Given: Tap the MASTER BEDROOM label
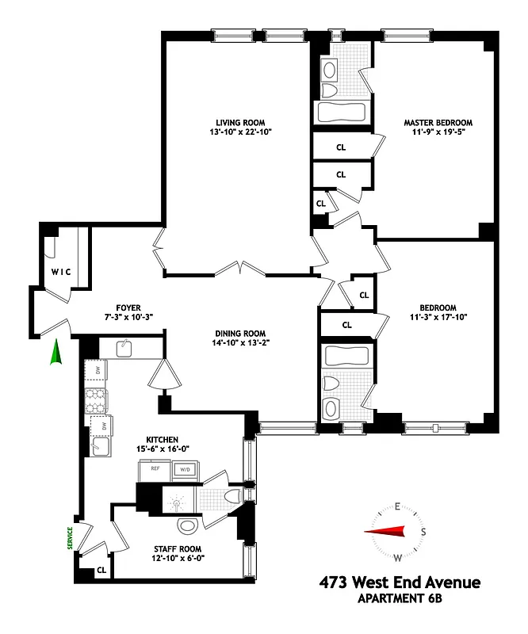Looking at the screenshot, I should [438, 123].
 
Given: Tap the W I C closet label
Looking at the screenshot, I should [61, 272].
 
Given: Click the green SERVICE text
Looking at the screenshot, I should [70, 539].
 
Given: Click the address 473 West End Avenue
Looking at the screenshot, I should [399, 584].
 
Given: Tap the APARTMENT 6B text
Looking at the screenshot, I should [399, 600].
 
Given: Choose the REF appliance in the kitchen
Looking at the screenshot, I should [153, 469].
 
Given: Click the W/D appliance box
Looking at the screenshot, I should [186, 469].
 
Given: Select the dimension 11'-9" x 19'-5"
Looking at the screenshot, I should [438, 134].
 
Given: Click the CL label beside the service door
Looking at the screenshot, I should [101, 569].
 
